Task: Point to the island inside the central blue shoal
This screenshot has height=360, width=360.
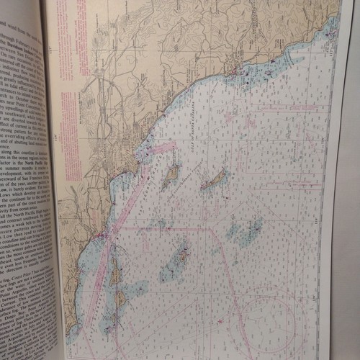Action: (178, 257)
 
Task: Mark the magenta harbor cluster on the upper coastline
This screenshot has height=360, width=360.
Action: (240, 70)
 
